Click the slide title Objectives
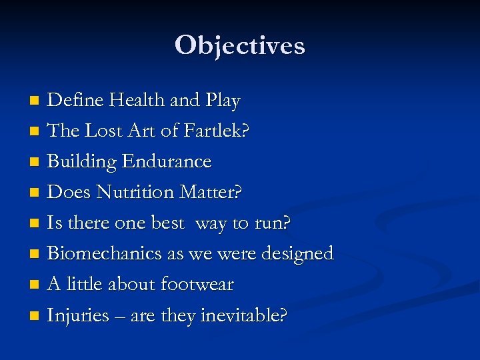coord(240,45)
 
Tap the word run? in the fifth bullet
coord(273,223)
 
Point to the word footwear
coord(197,284)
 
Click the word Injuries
coord(78,315)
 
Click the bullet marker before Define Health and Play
coord(35,101)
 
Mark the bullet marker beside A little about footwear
coord(35,285)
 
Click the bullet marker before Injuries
coord(35,316)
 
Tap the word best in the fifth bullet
coord(167,223)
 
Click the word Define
coord(76,100)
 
